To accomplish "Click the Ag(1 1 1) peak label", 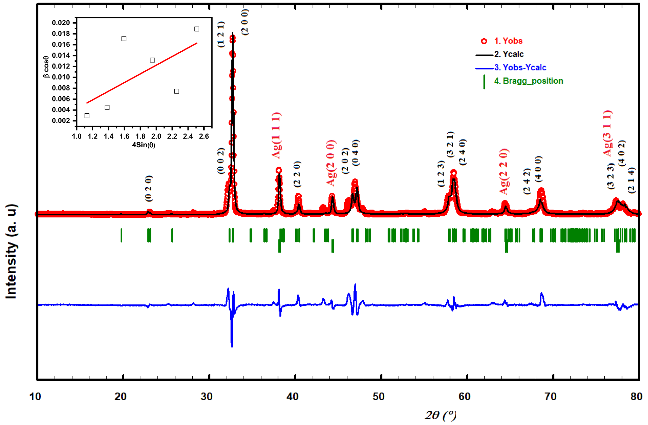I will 277,135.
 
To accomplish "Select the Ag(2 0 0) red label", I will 331,163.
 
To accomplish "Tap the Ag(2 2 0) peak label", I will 504,172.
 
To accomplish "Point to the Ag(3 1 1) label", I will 607,133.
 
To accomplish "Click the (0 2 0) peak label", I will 148,188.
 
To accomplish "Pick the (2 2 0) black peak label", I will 297,174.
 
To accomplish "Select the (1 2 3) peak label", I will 441,174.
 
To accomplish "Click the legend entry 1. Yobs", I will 508,41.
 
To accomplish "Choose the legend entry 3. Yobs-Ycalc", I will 520,67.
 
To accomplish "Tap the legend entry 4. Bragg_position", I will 528,81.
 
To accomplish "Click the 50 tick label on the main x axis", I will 379,396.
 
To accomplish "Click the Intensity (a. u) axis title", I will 11,251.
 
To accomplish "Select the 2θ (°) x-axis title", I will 440,415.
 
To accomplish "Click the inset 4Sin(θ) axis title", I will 144,145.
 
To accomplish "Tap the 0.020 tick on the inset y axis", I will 61,23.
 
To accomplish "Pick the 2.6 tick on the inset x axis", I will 204,136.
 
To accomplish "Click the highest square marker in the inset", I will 197,29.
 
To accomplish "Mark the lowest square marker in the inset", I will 87,116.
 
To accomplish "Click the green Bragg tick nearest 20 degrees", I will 121,235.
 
